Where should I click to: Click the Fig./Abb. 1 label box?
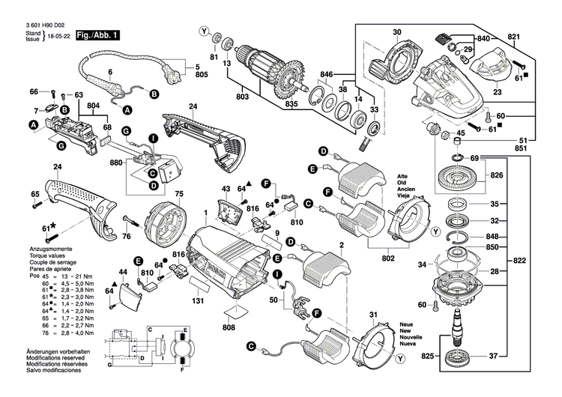[98, 35]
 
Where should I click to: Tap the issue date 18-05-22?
[59, 36]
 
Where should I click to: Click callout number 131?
[198, 300]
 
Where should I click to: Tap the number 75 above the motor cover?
[179, 194]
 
